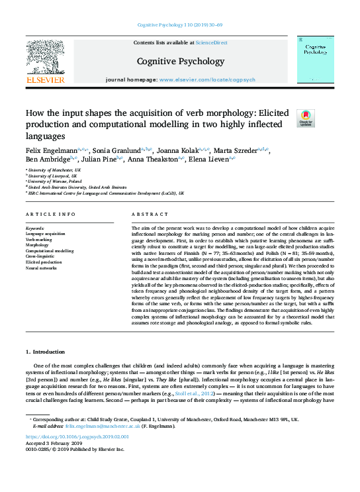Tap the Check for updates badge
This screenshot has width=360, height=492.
[306, 119]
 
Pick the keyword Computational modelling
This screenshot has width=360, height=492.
[50, 251]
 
